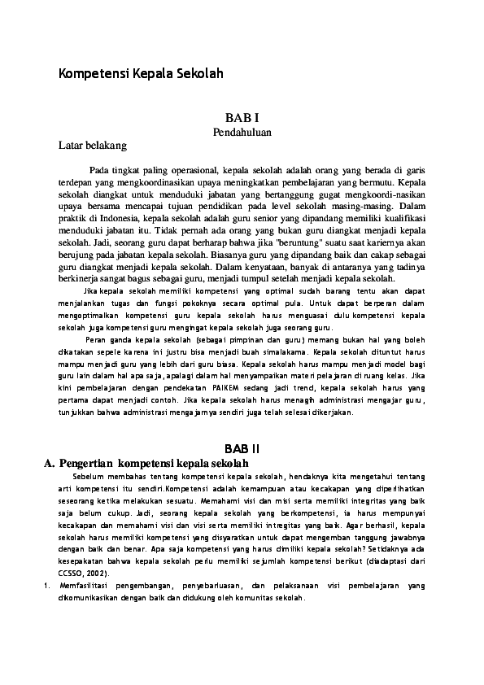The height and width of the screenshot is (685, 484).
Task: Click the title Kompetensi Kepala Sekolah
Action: tap(140, 73)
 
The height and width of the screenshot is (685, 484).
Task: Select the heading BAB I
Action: tap(242, 118)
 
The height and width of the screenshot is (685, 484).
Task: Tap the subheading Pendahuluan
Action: tap(242, 131)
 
